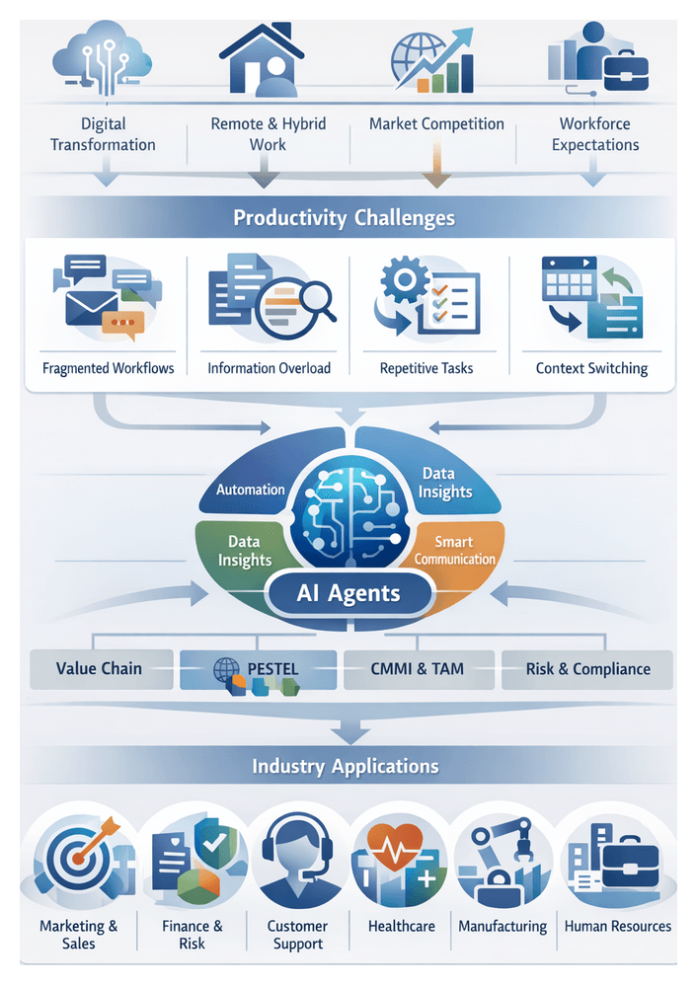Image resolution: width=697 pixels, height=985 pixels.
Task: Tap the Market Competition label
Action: click(436, 124)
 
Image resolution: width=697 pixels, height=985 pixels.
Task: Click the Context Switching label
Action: click(591, 368)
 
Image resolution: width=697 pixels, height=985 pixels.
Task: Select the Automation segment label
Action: click(250, 489)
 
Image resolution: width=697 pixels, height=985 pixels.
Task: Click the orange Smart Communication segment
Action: click(455, 550)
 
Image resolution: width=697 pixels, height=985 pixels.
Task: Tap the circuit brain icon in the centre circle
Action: click(348, 508)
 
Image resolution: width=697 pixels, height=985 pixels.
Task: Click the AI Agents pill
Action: click(348, 593)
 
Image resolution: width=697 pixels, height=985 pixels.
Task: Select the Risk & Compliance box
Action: click(587, 669)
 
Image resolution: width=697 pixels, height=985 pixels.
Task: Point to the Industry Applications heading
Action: click(345, 766)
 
